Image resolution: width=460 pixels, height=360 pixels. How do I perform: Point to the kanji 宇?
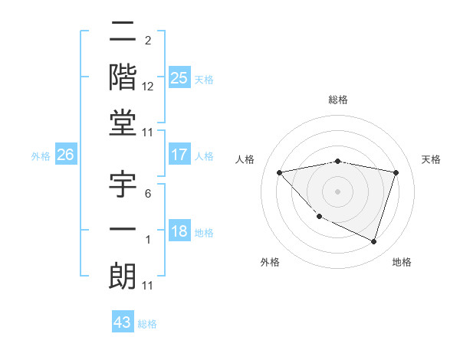(x=123, y=186)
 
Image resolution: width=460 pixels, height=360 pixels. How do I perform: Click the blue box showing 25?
(x=179, y=78)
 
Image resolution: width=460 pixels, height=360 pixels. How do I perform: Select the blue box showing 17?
(x=179, y=155)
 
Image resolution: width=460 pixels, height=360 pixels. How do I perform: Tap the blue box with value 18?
(x=179, y=232)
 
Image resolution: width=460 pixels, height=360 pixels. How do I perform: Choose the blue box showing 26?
(x=65, y=155)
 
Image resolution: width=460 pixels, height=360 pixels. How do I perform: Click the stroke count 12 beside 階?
(x=148, y=87)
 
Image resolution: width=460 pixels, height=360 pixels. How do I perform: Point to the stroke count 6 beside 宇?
(x=147, y=193)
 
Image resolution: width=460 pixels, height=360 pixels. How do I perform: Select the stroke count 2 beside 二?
(x=147, y=40)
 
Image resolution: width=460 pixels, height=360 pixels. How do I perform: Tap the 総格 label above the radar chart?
(x=337, y=100)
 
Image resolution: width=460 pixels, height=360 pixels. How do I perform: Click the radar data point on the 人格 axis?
(x=279, y=172)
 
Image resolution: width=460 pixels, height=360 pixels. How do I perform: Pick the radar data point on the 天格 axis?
(x=396, y=172)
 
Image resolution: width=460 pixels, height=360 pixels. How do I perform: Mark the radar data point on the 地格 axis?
(x=373, y=241)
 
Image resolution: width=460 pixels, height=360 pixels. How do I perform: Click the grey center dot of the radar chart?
(x=337, y=191)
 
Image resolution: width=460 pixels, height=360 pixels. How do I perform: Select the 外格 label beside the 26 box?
(x=41, y=155)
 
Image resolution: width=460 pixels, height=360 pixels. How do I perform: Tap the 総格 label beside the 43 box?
(x=148, y=324)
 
